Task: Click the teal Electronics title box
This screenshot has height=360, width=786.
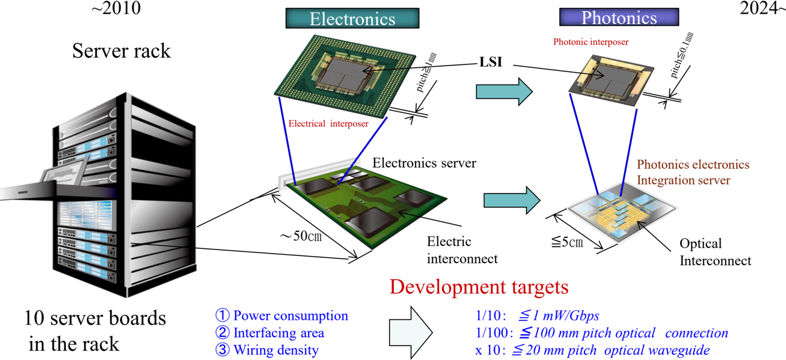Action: point(352,18)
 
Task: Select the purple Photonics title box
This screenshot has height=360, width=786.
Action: point(619,17)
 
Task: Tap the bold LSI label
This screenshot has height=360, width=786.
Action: point(491,62)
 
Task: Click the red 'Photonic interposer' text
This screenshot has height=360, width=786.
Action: point(591,42)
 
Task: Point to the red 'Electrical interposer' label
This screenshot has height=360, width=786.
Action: point(328,123)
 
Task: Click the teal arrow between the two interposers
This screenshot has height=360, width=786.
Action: point(504,91)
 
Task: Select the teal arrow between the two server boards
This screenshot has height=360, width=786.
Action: point(512,200)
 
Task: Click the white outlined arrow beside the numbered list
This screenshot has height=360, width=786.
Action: point(411,333)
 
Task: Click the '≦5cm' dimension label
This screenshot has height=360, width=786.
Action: point(567,242)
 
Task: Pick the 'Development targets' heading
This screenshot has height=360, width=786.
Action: point(479,287)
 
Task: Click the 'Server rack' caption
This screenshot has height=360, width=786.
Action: point(121,51)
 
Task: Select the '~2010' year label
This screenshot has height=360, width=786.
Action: point(116,8)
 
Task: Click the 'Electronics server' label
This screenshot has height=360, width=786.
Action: point(424,163)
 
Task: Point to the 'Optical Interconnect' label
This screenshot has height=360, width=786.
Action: point(715,252)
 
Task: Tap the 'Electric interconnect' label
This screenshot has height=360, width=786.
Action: point(462,250)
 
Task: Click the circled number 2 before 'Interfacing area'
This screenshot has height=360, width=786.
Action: point(223,333)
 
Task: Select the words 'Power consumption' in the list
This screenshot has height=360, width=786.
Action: point(290,316)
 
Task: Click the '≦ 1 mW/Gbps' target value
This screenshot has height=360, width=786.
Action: point(559,316)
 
